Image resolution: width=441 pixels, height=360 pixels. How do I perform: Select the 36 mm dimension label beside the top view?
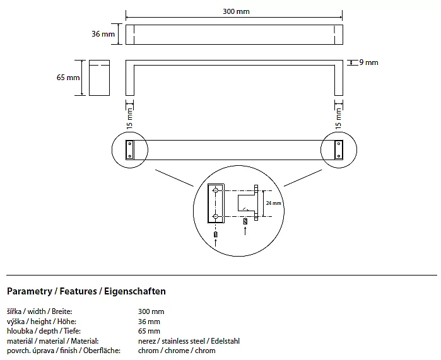pyautogui.click(x=104, y=34)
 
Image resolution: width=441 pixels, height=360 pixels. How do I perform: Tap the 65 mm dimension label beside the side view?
pyautogui.click(x=68, y=78)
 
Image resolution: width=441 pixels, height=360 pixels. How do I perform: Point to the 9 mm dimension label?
pyautogui.click(x=368, y=62)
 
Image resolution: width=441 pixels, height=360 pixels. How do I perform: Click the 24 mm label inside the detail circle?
pyautogui.click(x=273, y=204)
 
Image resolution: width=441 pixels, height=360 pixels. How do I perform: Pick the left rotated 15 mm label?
pyautogui.click(x=131, y=117)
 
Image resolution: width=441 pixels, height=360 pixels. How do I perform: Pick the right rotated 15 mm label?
pyautogui.click(x=338, y=117)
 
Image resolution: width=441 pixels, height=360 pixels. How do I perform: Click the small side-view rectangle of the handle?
pyautogui.click(x=99, y=78)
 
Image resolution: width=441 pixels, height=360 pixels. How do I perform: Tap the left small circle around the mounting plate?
pyautogui.click(x=130, y=150)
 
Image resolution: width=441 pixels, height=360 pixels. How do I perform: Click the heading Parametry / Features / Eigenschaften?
pyautogui.click(x=86, y=292)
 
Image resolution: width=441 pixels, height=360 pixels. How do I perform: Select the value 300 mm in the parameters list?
pyautogui.click(x=151, y=311)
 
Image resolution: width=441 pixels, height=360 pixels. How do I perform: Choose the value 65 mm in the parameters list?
pyautogui.click(x=149, y=331)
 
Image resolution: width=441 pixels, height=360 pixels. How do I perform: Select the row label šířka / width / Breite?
pyautogui.click(x=39, y=311)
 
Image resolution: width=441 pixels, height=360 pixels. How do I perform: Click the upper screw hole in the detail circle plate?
pyautogui.click(x=216, y=190)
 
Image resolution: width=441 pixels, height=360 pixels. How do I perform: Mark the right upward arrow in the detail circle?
pyautogui.click(x=245, y=231)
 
